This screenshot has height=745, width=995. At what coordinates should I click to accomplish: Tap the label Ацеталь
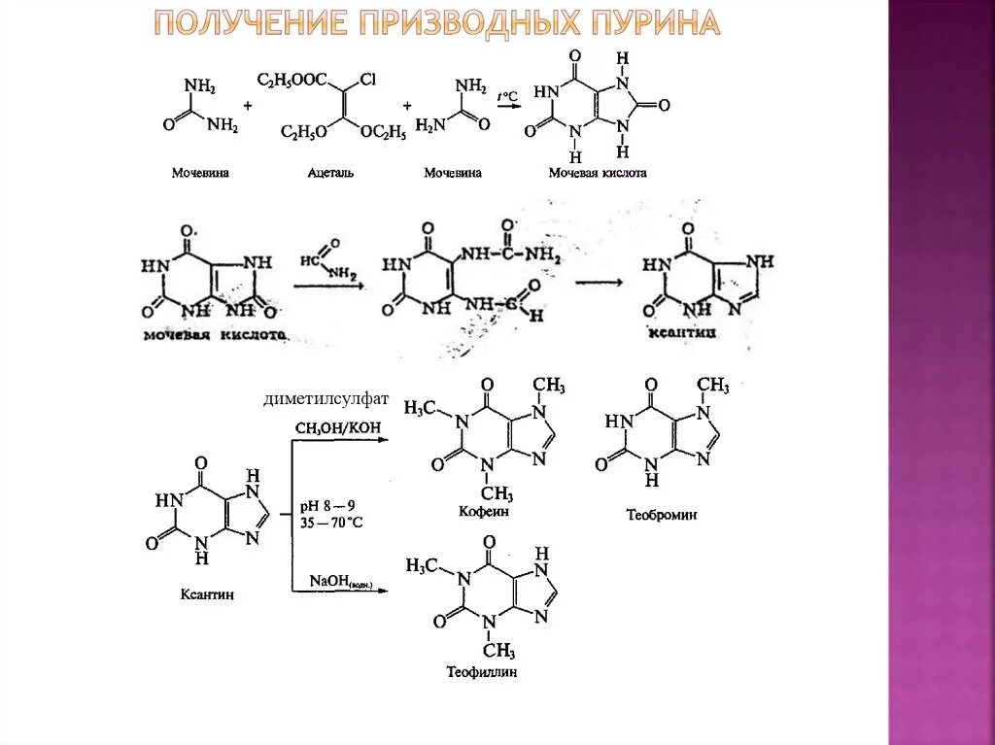(x=330, y=172)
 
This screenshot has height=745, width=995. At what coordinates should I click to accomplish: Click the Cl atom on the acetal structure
(x=367, y=81)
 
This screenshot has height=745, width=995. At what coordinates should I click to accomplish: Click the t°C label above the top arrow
(x=506, y=95)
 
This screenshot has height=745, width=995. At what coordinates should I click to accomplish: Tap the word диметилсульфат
(x=325, y=399)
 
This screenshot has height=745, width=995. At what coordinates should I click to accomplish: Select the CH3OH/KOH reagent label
(x=337, y=428)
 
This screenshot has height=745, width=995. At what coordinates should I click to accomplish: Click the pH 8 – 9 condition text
(x=326, y=504)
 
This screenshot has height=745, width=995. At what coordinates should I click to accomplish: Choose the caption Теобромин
(x=661, y=515)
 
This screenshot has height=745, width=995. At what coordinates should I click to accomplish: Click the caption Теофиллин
(x=482, y=671)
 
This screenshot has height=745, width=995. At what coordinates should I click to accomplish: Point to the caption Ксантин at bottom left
(x=206, y=593)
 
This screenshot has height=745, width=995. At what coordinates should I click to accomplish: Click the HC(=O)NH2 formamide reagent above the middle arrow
(x=326, y=264)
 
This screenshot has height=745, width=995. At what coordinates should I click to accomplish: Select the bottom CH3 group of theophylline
(x=498, y=650)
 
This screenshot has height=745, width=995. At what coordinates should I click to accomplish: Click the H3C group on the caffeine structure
(x=420, y=407)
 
